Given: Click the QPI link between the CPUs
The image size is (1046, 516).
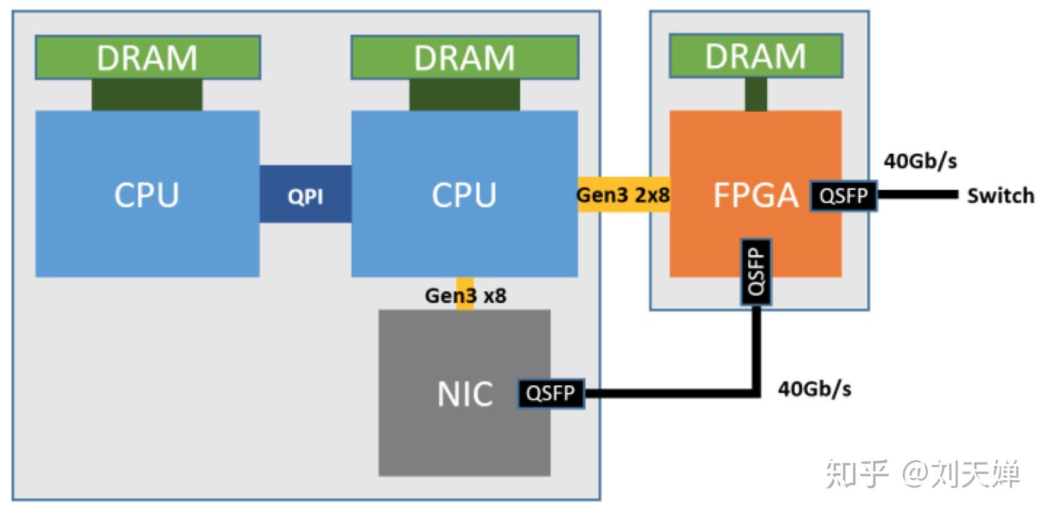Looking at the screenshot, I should click(x=306, y=194).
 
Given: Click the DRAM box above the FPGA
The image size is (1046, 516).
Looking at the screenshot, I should click(x=755, y=56).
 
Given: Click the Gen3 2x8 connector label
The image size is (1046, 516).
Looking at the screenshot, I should click(x=623, y=195).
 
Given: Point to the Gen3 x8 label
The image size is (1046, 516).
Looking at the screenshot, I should click(x=465, y=295).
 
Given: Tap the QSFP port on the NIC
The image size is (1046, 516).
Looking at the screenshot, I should click(x=551, y=394).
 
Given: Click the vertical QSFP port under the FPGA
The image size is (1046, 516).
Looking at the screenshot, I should click(x=756, y=271).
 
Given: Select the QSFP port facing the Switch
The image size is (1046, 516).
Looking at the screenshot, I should click(x=843, y=196).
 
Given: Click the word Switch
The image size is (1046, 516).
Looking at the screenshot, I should click(x=1000, y=196).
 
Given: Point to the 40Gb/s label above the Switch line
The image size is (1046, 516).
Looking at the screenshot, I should click(x=920, y=161).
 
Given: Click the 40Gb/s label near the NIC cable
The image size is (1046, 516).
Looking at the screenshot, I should click(x=815, y=389).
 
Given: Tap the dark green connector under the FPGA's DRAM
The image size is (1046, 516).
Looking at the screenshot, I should click(x=756, y=95).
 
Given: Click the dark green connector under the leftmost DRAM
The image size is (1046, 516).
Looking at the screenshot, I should click(x=147, y=95).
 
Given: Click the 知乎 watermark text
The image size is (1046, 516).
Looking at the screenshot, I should click(x=856, y=474).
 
